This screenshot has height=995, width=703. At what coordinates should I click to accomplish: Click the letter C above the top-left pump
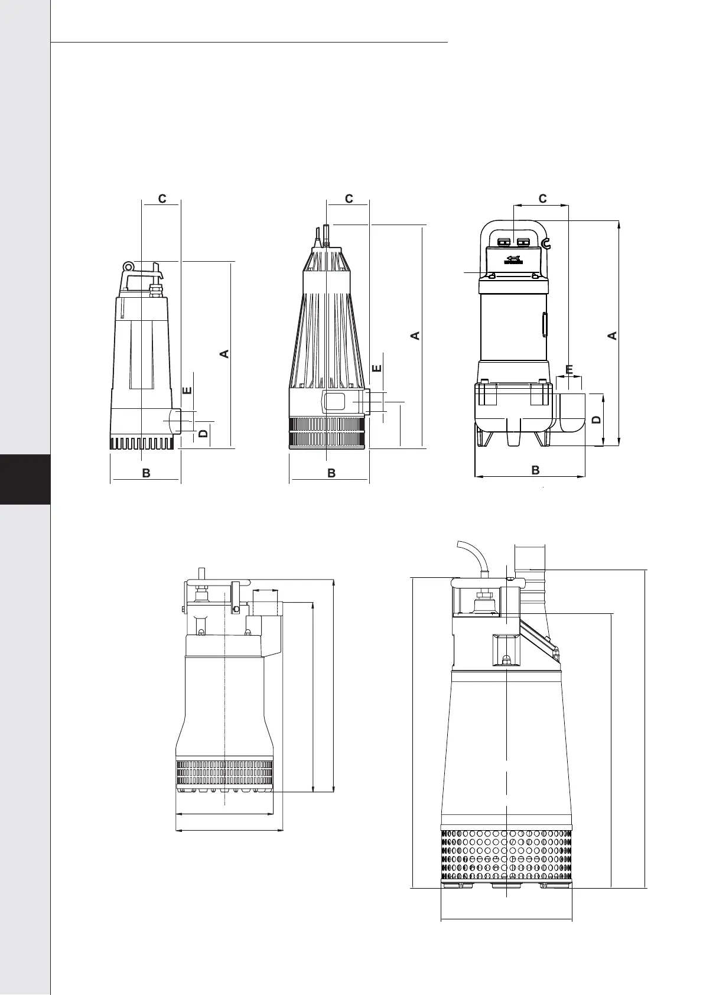coord(162,199)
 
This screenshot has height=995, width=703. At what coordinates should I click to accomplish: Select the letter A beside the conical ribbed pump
coord(415,336)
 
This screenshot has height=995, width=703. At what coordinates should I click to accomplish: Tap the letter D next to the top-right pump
coord(597,420)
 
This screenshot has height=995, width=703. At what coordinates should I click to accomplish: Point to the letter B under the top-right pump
coord(536,470)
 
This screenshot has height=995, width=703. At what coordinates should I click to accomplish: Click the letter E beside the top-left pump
coord(187,391)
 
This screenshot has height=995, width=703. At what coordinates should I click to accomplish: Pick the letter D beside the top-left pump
coord(203,433)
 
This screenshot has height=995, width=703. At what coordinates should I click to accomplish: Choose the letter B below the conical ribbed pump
coord(331,473)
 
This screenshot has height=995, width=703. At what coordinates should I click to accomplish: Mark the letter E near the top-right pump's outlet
coord(569,369)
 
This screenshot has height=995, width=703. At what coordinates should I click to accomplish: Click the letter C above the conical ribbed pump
coord(349,199)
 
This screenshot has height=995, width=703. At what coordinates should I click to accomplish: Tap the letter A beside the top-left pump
coord(224,353)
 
